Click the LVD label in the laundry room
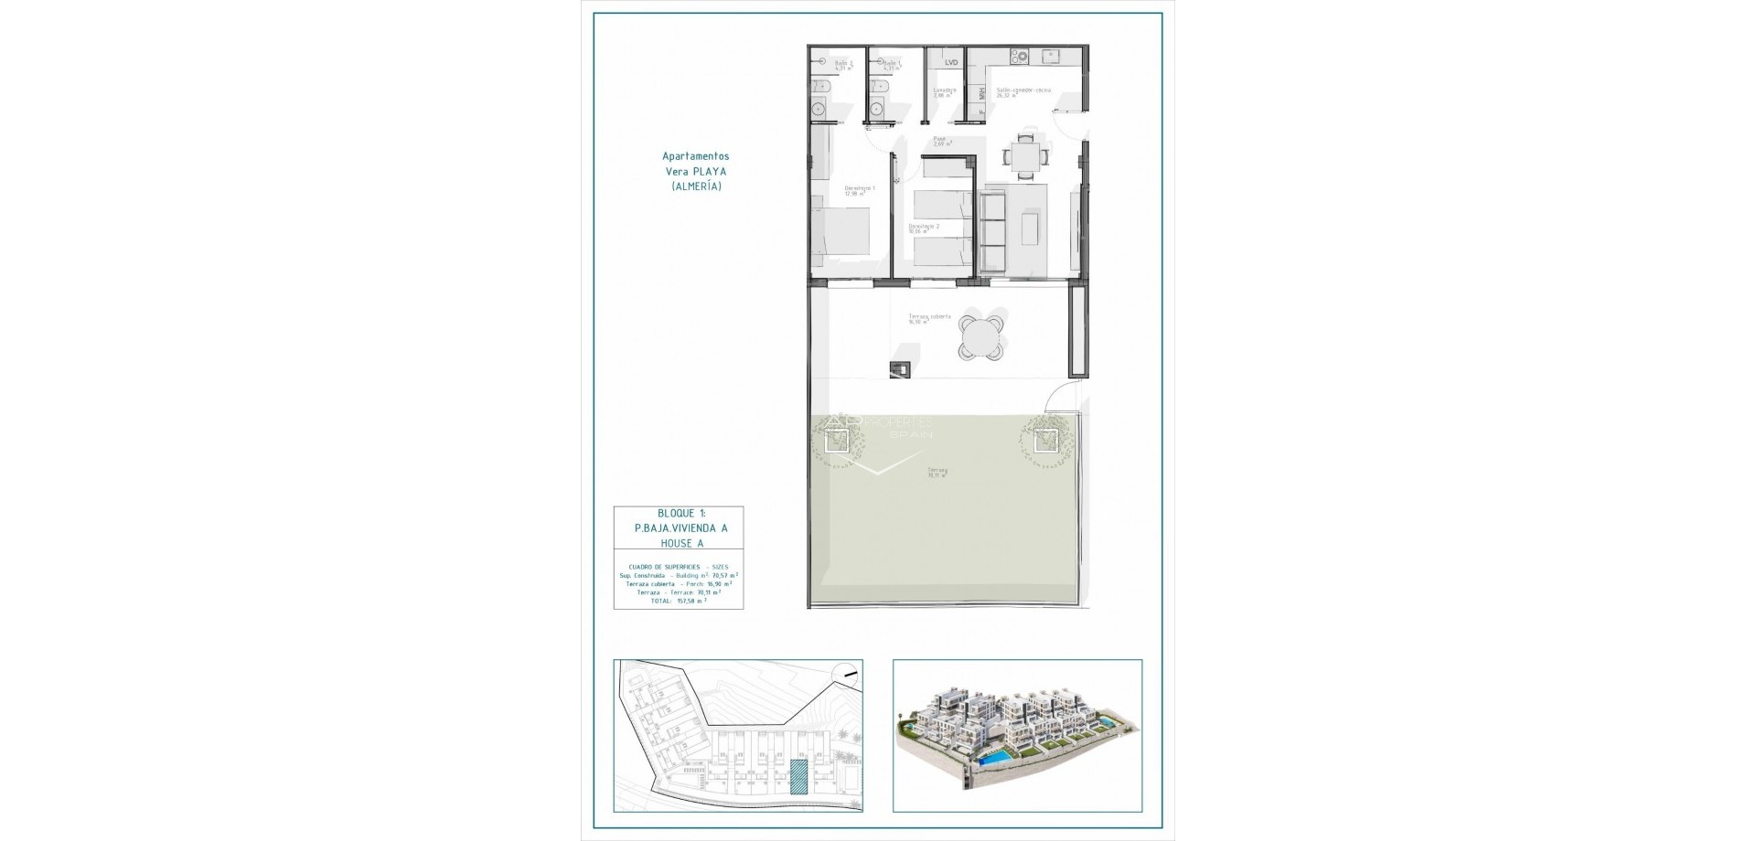click(x=951, y=63)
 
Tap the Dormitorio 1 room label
click(x=860, y=189)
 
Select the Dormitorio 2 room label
click(x=920, y=229)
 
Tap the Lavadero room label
click(x=945, y=91)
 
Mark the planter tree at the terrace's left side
click(x=836, y=442)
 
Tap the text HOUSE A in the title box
click(x=678, y=544)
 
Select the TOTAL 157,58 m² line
click(x=678, y=601)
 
